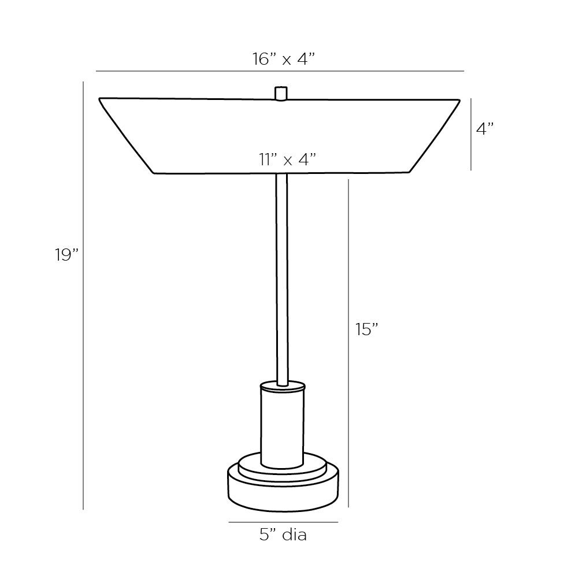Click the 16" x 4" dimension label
283,58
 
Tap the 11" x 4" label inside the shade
287,159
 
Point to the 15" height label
367,329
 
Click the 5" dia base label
283,535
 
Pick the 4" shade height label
485,129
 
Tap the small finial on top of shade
281,93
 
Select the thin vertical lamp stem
281,277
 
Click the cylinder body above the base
282,428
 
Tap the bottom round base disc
283,491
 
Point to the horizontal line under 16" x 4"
280,71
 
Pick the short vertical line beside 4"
471,134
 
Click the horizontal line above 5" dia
283,522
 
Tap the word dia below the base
294,535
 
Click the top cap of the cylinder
282,385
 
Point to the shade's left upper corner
100,99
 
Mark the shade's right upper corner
459,101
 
